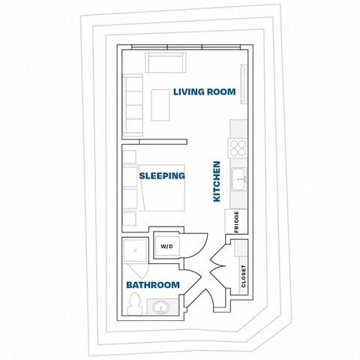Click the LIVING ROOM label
click(x=204, y=92)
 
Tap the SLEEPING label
click(x=162, y=176)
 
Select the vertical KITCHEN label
click(x=217, y=181)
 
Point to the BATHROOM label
click(x=152, y=285)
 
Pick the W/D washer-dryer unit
click(x=165, y=246)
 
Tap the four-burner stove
click(x=238, y=147)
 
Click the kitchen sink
click(x=239, y=178)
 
